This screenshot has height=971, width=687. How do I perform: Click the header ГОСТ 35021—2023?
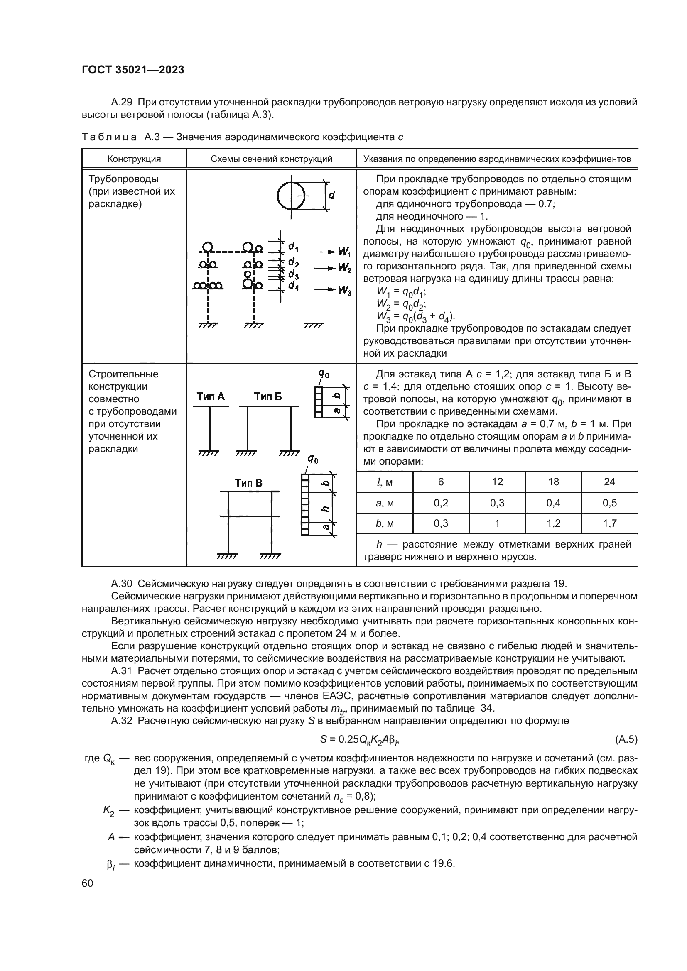pos(133,70)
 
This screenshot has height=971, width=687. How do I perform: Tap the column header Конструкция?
pos(134,159)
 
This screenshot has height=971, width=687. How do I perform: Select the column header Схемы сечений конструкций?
pos(271,159)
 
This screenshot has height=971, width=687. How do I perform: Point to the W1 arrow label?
pos(344,252)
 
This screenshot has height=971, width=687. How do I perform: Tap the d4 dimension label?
pos(293,286)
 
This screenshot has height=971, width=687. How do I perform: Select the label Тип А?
pos(210,397)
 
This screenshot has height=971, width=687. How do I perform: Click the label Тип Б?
pos(267,397)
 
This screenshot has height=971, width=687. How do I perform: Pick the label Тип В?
pos(248,483)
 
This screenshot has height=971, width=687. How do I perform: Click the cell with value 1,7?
pos(609,523)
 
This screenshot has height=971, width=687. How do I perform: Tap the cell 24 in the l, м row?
pos(609,482)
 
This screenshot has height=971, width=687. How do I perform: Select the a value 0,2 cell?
pos(441,503)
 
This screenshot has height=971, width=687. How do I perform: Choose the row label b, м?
pos(385,523)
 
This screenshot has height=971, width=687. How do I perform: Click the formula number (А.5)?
pos(626,739)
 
